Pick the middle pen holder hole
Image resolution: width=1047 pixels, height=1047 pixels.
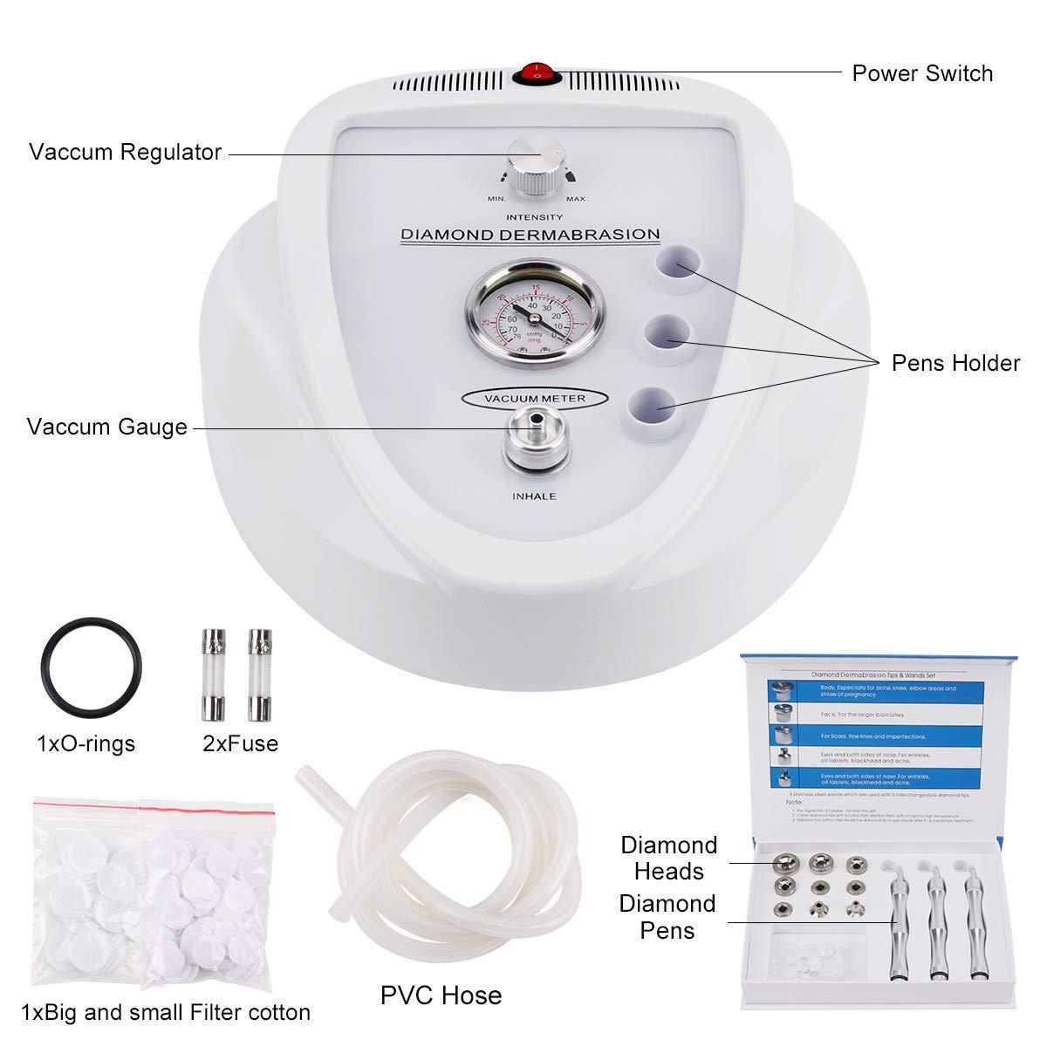point(668,333)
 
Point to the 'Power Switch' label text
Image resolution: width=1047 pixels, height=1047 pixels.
point(922,73)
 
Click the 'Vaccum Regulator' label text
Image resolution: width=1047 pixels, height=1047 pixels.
point(125,152)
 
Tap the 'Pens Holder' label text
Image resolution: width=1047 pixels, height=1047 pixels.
point(955,363)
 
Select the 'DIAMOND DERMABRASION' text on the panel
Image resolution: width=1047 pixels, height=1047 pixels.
point(530,234)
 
